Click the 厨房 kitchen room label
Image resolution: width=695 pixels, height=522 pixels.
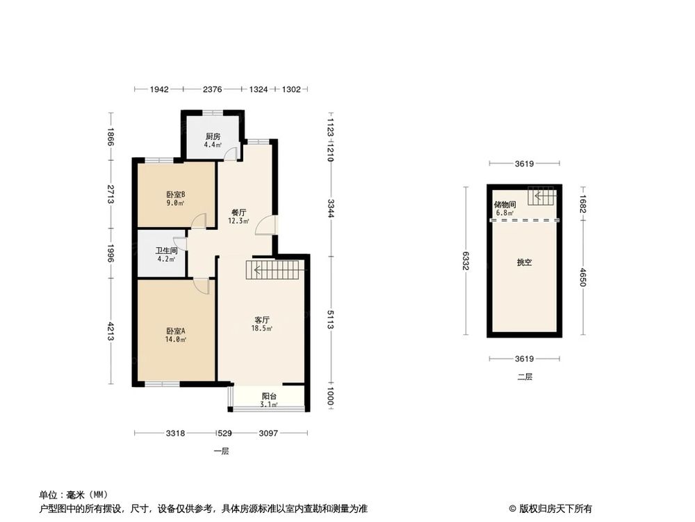click(213, 136)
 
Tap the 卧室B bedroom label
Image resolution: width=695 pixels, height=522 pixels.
click(176, 195)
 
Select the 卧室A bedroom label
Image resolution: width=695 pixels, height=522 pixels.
click(176, 331)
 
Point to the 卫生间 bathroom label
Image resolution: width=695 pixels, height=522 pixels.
click(166, 251)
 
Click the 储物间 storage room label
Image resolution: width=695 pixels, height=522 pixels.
click(505, 205)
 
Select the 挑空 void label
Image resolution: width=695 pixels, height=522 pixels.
click(524, 263)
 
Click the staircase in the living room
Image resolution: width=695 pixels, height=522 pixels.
click(275, 269)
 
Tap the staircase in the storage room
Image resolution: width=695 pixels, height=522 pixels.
click(541, 197)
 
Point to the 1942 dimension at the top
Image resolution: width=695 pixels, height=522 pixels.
click(160, 89)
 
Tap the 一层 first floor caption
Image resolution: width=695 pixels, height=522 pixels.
click(222, 451)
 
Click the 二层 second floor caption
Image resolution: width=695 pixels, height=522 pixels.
click(525, 377)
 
